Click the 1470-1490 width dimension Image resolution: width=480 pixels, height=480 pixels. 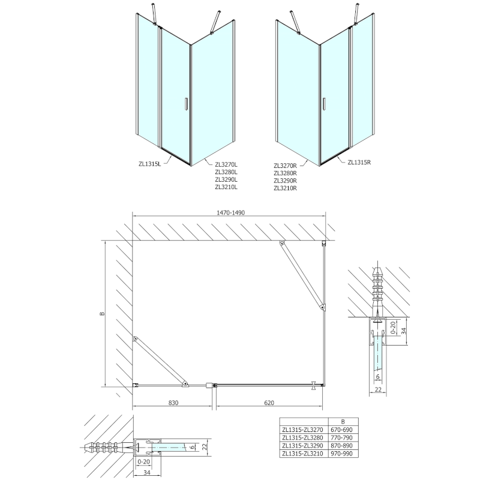click(x=229, y=212)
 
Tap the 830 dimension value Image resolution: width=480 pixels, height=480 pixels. click(x=173, y=403)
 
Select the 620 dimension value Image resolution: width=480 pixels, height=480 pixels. click(x=268, y=403)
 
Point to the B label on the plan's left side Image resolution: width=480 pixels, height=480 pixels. click(x=101, y=314)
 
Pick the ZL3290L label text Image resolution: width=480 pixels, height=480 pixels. click(x=226, y=179)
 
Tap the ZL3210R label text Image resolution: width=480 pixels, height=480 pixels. click(x=285, y=188)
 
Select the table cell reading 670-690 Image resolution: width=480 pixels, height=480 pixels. click(x=343, y=430)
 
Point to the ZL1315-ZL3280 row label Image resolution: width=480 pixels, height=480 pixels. click(x=304, y=437)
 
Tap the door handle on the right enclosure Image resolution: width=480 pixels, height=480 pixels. click(x=325, y=104)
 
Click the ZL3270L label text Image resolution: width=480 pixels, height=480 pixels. click(x=226, y=163)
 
